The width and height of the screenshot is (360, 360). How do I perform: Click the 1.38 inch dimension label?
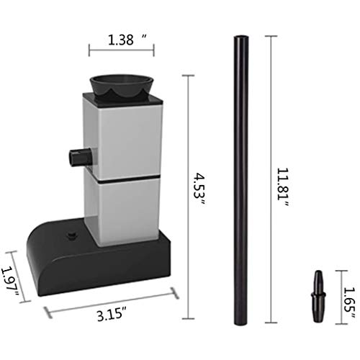point(127,40)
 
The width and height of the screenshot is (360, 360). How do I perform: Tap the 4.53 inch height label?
point(199,189)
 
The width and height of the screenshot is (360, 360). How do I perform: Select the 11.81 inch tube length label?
point(283,187)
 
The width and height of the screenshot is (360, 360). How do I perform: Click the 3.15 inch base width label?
point(112,315)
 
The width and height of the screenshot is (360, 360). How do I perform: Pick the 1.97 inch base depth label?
point(10,281)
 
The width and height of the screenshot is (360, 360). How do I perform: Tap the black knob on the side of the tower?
point(80,156)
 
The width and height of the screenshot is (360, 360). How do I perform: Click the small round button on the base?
point(71,235)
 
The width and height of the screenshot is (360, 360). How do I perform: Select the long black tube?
point(241,180)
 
